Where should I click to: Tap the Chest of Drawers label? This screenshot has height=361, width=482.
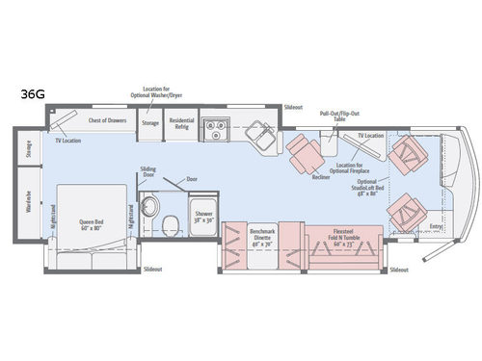pyautogui.click(x=107, y=120)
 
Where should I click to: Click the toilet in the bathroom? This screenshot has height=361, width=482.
pyautogui.click(x=170, y=224)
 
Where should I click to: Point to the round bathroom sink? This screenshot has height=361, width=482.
pyautogui.click(x=148, y=206)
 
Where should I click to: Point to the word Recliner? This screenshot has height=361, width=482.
pyautogui.click(x=321, y=177)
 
